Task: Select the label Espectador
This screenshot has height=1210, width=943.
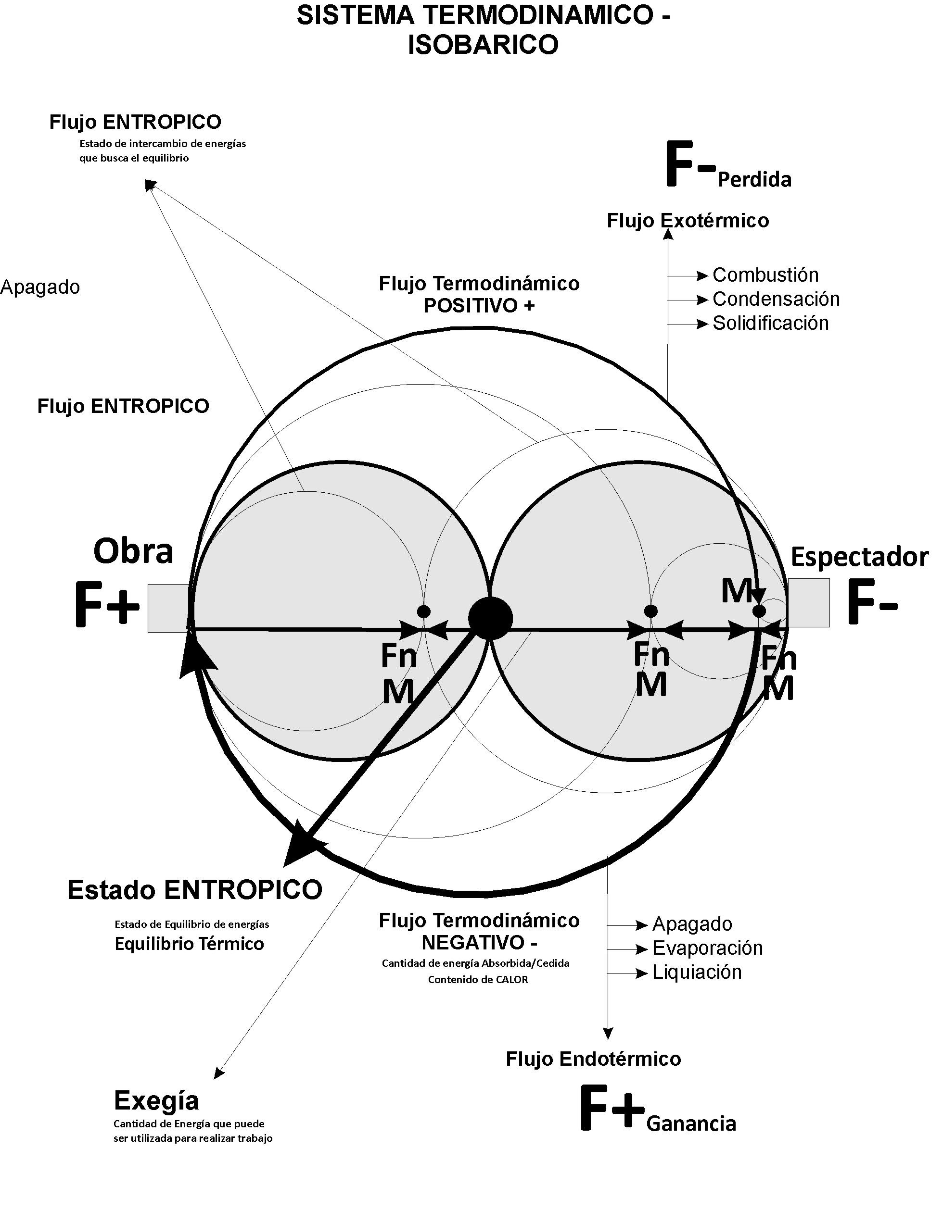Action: pos(859,557)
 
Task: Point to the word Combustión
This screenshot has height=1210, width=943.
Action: pos(765,275)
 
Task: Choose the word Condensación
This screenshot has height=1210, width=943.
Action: pos(776,299)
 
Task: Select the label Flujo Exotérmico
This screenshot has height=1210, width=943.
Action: pos(688,221)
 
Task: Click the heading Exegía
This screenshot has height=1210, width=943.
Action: pos(156,1100)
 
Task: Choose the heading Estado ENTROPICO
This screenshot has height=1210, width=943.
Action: pos(194,890)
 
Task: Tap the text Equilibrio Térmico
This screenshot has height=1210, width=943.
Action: pos(189,944)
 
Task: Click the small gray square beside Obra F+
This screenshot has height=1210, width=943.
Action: pos(169,608)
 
